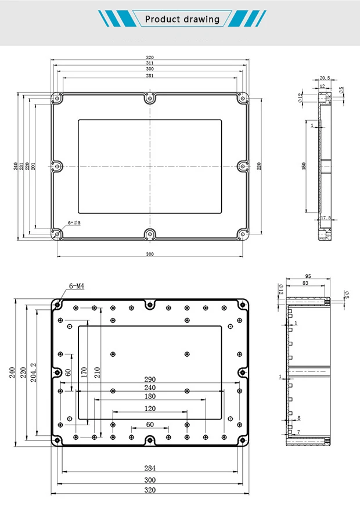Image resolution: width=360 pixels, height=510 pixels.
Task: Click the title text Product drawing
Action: point(182,19)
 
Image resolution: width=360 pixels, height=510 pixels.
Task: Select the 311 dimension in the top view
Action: point(150,63)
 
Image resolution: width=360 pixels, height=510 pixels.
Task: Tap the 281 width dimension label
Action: point(150,75)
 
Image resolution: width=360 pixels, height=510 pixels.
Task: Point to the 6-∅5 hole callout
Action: point(74,223)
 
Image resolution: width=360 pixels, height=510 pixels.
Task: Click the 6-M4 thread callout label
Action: point(77,285)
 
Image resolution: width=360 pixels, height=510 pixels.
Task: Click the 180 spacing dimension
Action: point(150,396)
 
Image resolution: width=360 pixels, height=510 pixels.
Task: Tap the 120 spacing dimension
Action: point(150,409)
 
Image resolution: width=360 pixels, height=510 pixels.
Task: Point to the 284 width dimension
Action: point(150,468)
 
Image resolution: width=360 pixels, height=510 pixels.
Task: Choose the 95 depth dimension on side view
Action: point(308,276)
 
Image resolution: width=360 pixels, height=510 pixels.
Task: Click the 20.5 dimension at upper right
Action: point(325,78)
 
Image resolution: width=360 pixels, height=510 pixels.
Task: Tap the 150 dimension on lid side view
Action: point(304,167)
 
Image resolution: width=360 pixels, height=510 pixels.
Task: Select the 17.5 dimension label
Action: point(326,218)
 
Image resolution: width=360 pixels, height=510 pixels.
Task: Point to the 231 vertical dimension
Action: point(22,167)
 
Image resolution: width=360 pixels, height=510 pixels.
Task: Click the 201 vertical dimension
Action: point(33,167)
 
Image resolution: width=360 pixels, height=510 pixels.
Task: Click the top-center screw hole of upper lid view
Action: point(150,98)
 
